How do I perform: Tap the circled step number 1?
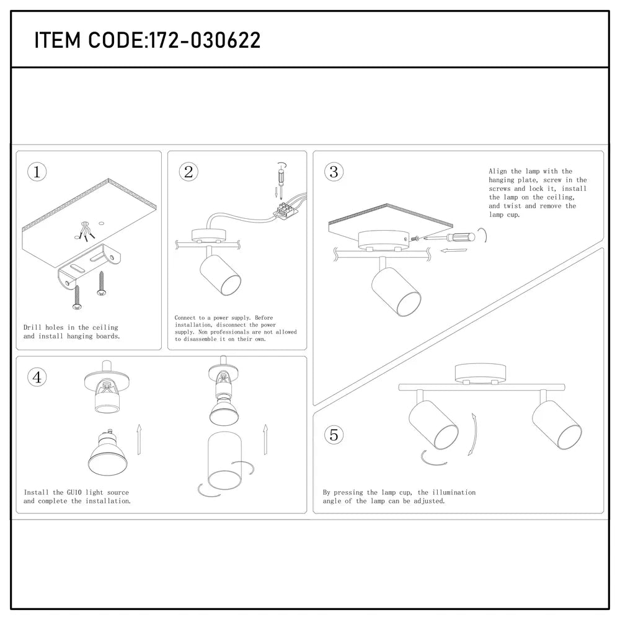coord(37,172)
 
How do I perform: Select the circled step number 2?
coord(188,172)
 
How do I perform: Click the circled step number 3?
coord(334,172)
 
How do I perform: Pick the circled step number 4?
coord(37,377)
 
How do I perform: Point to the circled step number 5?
coord(334,435)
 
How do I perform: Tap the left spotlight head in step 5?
coord(433,424)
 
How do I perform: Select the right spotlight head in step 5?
coord(556,424)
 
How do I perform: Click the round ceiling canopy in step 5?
coord(481,374)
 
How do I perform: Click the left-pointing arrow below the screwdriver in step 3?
coord(454,252)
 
